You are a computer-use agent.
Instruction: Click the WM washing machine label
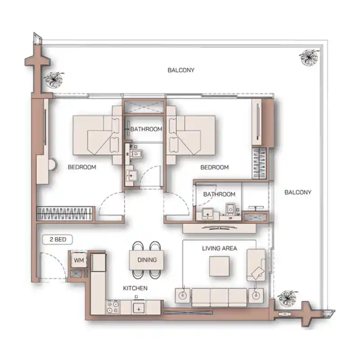click(79, 261)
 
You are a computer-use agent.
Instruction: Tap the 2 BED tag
click(58, 240)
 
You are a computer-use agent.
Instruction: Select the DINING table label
click(147, 260)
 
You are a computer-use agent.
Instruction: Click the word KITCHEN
click(135, 288)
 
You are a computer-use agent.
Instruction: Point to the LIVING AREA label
click(220, 248)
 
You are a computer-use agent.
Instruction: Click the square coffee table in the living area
click(219, 266)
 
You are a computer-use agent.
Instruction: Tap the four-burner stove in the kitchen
click(113, 307)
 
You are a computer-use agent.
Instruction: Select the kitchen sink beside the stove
click(139, 308)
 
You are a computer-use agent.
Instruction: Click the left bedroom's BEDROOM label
click(82, 167)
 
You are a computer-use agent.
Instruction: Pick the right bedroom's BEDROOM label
click(215, 167)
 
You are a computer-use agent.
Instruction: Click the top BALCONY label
click(181, 70)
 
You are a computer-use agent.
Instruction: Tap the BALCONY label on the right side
click(298, 192)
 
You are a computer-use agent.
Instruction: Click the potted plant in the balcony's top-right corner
click(309, 57)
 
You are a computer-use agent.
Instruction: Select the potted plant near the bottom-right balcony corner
click(287, 298)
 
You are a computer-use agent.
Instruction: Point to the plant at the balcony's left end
click(54, 80)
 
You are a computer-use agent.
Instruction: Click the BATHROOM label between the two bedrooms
click(146, 129)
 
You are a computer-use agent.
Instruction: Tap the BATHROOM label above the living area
click(219, 194)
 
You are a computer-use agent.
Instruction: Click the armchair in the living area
click(256, 265)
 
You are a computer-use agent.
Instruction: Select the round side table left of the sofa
click(183, 295)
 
